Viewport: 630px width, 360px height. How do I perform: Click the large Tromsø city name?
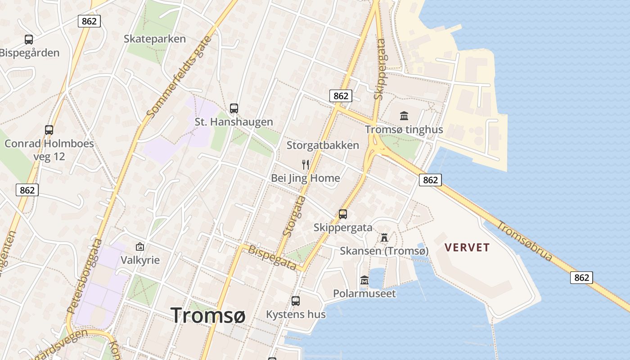pos(208,315)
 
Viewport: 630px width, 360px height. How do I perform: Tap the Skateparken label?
pos(155,39)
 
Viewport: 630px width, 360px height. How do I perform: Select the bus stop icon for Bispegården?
pos(29,40)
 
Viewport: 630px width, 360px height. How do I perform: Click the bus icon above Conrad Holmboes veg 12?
pos(49,130)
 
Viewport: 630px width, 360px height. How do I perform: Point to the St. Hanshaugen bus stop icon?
pos(234,108)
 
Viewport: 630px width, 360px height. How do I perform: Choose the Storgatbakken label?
pos(323,145)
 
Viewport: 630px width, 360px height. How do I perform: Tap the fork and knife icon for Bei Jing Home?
pos(306,164)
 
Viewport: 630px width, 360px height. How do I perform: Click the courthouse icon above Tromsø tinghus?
pos(404,116)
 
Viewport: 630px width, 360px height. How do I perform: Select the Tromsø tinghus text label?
pos(404,130)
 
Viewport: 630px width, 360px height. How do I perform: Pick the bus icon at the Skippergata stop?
pos(343,214)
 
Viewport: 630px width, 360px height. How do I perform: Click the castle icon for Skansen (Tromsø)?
pos(384,237)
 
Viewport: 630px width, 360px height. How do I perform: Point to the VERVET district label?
pos(467,247)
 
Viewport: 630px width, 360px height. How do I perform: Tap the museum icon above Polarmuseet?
pos(364,280)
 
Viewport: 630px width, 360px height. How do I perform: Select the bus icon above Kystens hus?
pos(296,301)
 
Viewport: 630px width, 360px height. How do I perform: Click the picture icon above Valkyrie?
pos(140,247)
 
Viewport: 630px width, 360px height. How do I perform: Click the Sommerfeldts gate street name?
pos(179,77)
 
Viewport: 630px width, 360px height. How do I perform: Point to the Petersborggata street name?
pos(84,276)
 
